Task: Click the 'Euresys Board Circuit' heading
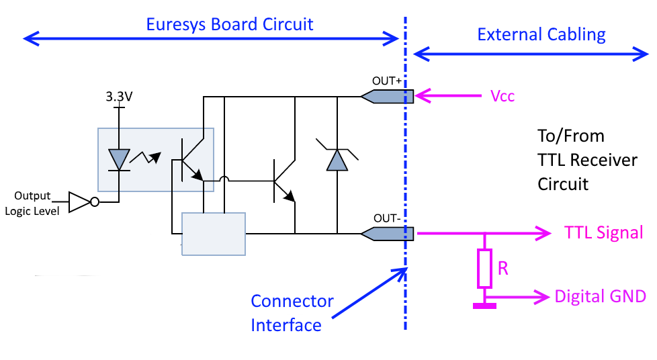pyautogui.click(x=230, y=25)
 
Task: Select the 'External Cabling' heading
pyautogui.click(x=541, y=34)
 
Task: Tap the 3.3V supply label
pyautogui.click(x=119, y=97)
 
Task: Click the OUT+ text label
pyautogui.click(x=387, y=81)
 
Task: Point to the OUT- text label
pyautogui.click(x=387, y=218)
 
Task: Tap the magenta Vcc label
pyautogui.click(x=502, y=96)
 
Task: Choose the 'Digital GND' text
pyautogui.click(x=600, y=296)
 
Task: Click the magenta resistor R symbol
pyautogui.click(x=484, y=267)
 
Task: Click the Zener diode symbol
pyautogui.click(x=335, y=159)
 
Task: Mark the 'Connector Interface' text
pyautogui.click(x=292, y=313)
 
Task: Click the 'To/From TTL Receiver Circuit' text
pyautogui.click(x=586, y=160)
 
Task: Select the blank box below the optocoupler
pyautogui.click(x=214, y=234)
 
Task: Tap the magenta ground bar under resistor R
pyautogui.click(x=484, y=306)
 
